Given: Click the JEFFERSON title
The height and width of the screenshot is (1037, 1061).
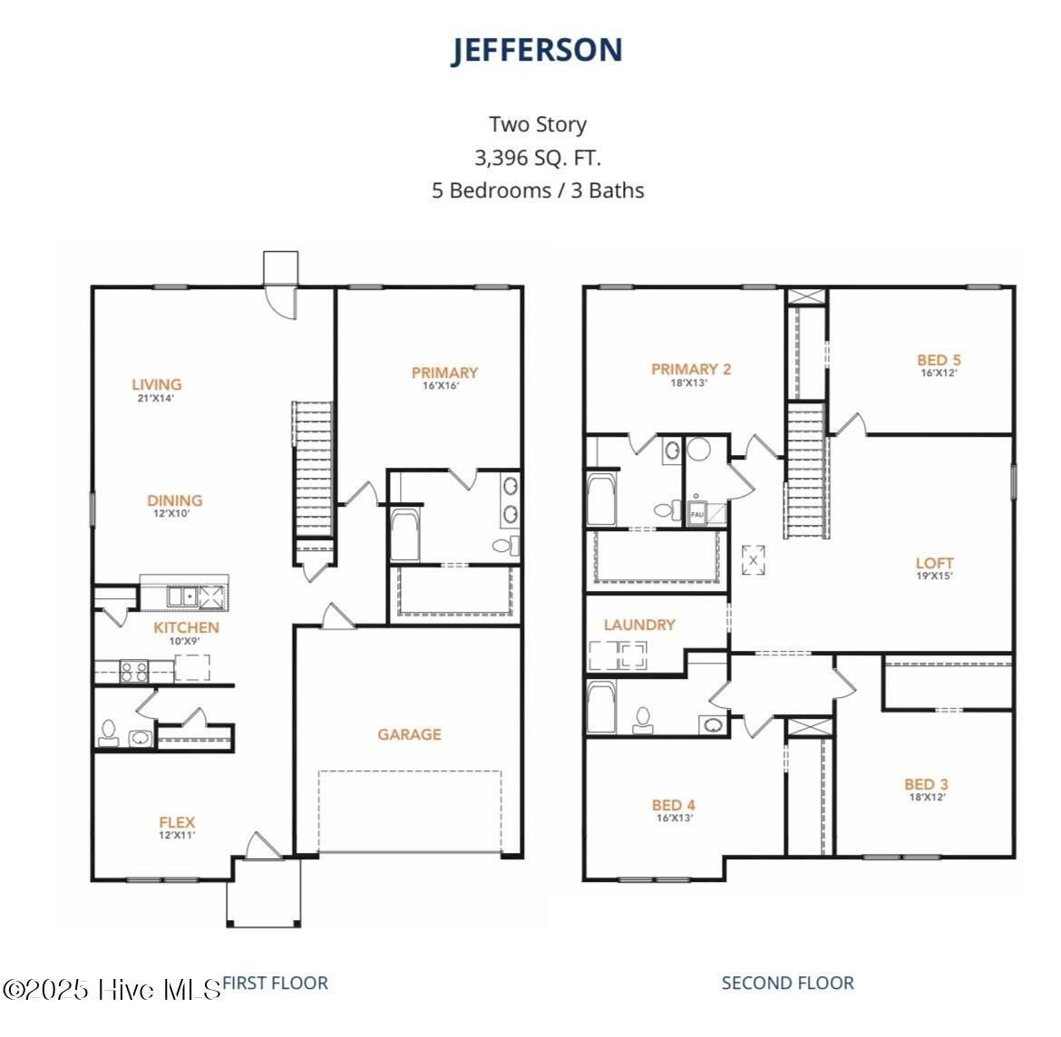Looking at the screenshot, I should pyautogui.click(x=537, y=51).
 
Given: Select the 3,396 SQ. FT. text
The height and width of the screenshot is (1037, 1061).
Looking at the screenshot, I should pyautogui.click(x=537, y=158).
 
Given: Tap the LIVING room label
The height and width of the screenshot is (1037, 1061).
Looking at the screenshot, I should pyautogui.click(x=156, y=384).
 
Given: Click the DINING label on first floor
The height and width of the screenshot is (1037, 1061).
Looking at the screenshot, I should pyautogui.click(x=175, y=500).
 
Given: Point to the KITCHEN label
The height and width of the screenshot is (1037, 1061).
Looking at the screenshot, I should pyautogui.click(x=186, y=627).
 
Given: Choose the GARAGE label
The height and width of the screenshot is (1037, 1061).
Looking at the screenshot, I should pyautogui.click(x=409, y=734).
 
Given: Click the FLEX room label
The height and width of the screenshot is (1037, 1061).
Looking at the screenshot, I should pyautogui.click(x=177, y=823).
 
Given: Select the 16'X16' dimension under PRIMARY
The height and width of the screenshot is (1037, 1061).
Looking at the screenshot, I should pyautogui.click(x=444, y=386).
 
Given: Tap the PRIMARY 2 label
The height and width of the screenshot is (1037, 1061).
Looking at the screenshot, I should pyautogui.click(x=691, y=369).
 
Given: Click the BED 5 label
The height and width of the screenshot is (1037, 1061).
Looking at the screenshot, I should pyautogui.click(x=939, y=360).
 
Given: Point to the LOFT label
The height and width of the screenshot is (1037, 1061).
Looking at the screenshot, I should pyautogui.click(x=934, y=563).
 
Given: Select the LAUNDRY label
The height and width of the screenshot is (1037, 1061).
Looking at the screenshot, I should pyautogui.click(x=639, y=625).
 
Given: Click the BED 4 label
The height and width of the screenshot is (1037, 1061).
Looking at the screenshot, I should pyautogui.click(x=674, y=805).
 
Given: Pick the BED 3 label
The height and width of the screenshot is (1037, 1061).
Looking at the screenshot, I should pyautogui.click(x=926, y=784).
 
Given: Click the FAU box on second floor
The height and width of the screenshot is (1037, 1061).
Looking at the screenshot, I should pyautogui.click(x=697, y=513).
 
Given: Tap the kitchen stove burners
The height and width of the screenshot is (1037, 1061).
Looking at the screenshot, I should pyautogui.click(x=134, y=671).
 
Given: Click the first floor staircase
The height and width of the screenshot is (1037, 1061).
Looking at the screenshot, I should pyautogui.click(x=313, y=471).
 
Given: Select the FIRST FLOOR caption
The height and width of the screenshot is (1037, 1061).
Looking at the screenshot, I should pyautogui.click(x=275, y=983).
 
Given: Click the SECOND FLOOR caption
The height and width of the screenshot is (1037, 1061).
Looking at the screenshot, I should pyautogui.click(x=787, y=983).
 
